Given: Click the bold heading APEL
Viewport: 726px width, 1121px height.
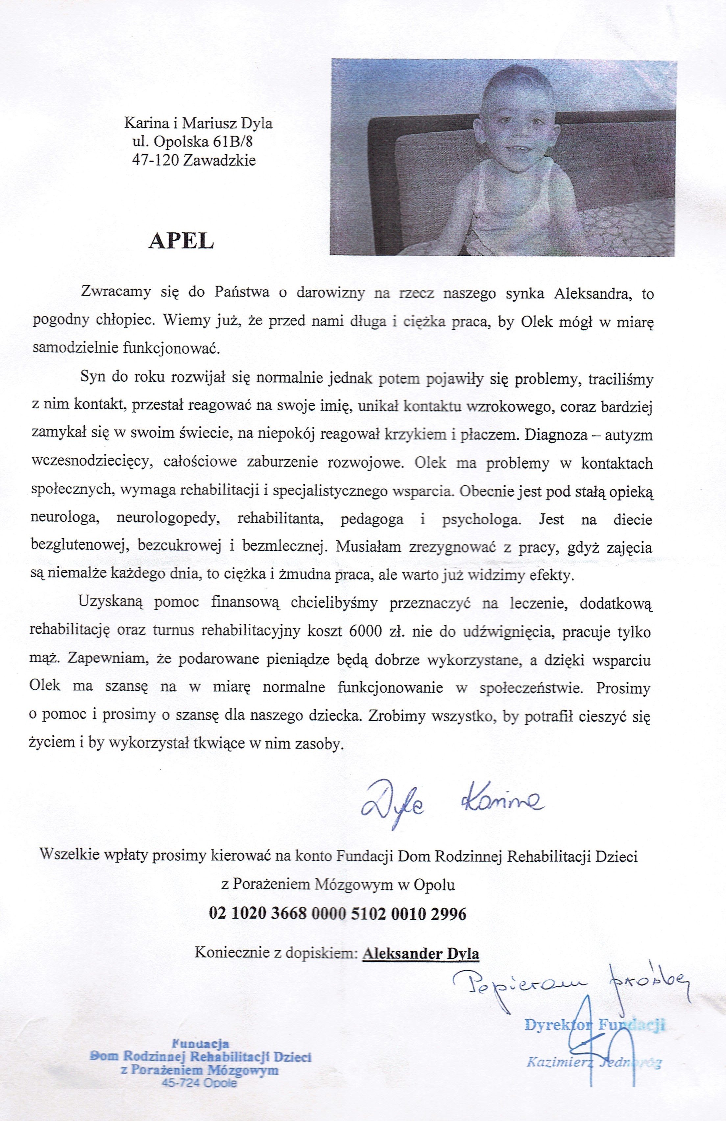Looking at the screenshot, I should click(181, 241).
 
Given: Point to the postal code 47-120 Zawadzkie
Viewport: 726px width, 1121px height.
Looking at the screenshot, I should click(194, 161).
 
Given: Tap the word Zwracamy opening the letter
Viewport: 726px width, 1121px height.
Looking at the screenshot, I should click(116, 292).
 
